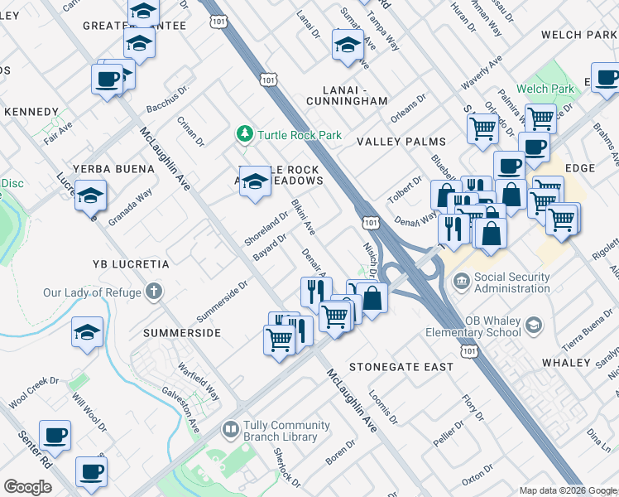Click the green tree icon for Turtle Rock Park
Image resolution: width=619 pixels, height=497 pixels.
pyautogui.click(x=244, y=133)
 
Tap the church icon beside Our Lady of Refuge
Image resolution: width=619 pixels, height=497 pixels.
pyautogui.click(x=153, y=292)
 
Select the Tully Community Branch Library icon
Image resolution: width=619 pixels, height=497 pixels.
pyautogui.click(x=231, y=431)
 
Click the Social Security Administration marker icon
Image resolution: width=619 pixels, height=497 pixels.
pyautogui.click(x=461, y=283)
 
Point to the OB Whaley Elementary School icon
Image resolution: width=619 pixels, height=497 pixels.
pyautogui.click(x=535, y=325)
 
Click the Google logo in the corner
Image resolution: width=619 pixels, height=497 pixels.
pyautogui.click(x=27, y=487)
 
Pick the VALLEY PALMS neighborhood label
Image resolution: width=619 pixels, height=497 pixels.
pyautogui.click(x=401, y=142)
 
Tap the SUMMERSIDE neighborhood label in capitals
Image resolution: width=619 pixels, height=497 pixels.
pyautogui.click(x=181, y=333)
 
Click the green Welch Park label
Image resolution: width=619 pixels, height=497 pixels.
pyautogui.click(x=545, y=89)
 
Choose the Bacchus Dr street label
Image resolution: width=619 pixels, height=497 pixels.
pyautogui.click(x=168, y=97)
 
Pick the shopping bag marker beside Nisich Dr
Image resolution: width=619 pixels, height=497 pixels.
pyautogui.click(x=372, y=298)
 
